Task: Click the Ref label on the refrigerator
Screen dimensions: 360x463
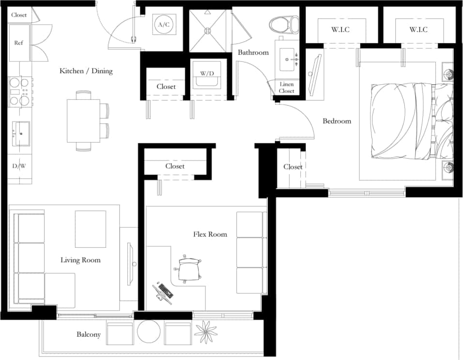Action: tap(18, 43)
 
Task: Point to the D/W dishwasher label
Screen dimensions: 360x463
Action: tap(19, 166)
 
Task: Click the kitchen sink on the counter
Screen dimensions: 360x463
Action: tap(21, 131)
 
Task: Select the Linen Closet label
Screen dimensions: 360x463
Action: tap(287, 88)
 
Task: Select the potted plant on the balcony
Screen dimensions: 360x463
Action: tap(206, 332)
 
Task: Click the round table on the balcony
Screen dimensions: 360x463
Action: tap(149, 332)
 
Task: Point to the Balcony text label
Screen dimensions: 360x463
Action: tap(89, 334)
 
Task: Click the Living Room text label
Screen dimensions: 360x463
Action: tap(80, 260)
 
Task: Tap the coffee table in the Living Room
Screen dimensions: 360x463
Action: tap(91, 229)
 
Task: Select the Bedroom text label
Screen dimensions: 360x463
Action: tap(337, 121)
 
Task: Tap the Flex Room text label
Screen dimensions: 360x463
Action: tap(210, 234)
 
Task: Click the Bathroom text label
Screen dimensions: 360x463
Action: tap(253, 52)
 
